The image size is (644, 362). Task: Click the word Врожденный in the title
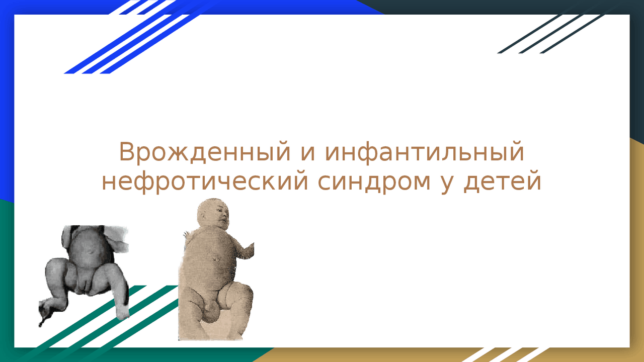[205, 152]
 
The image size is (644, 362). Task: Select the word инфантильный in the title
[425, 152]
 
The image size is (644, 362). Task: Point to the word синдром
[374, 182]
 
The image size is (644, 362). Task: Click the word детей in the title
[503, 182]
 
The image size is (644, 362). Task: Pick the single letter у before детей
[447, 184]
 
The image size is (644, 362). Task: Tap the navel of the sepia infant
[214, 259]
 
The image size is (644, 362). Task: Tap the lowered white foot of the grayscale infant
[122, 312]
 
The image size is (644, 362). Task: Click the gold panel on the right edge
[637, 250]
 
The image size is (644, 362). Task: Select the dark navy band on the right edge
[637, 72]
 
